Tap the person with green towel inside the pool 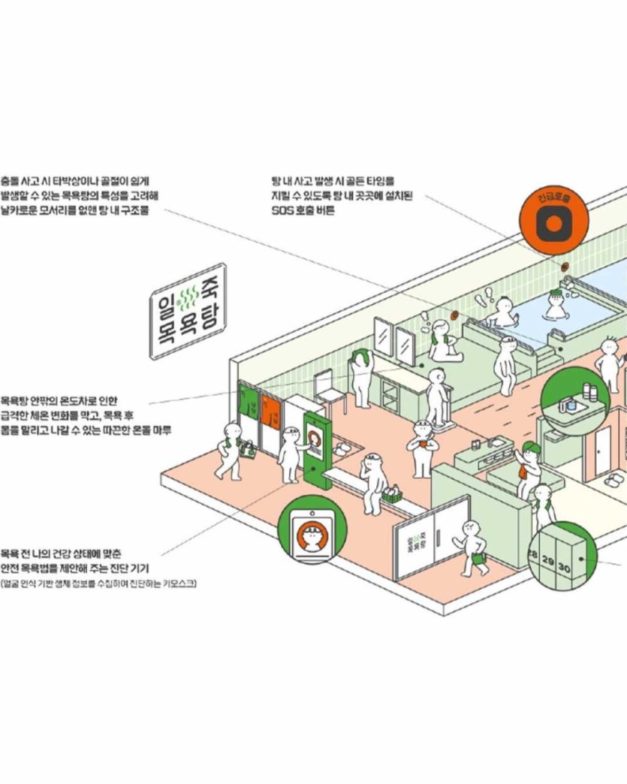tap(556, 301)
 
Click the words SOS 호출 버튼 tap(303, 210)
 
